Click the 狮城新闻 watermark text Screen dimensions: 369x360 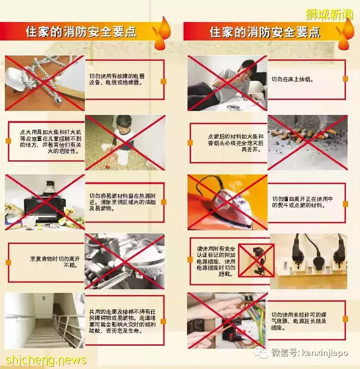tap(329, 15)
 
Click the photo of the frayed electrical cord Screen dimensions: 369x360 tap(44, 83)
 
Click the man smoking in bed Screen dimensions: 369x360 tap(227, 83)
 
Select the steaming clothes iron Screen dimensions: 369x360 tap(227, 202)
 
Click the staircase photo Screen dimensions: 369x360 tap(44, 320)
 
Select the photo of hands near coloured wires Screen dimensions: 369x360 tap(227, 320)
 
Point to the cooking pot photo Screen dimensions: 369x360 tap(125, 261)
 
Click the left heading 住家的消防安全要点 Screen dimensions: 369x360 tap(81, 33)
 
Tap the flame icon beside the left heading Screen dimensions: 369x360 tap(162, 34)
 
